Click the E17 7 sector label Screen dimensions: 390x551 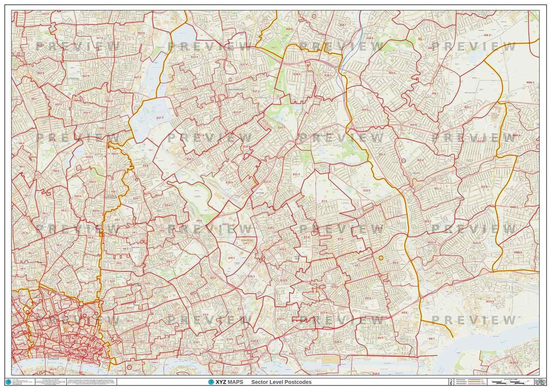pos(160,117)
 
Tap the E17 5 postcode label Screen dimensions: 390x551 pos(194,56)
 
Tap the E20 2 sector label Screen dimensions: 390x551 pos(225,224)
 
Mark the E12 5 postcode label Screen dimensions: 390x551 pos(366,190)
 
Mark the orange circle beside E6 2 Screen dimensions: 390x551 pos(381,258)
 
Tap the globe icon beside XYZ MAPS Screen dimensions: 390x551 pos(211,382)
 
